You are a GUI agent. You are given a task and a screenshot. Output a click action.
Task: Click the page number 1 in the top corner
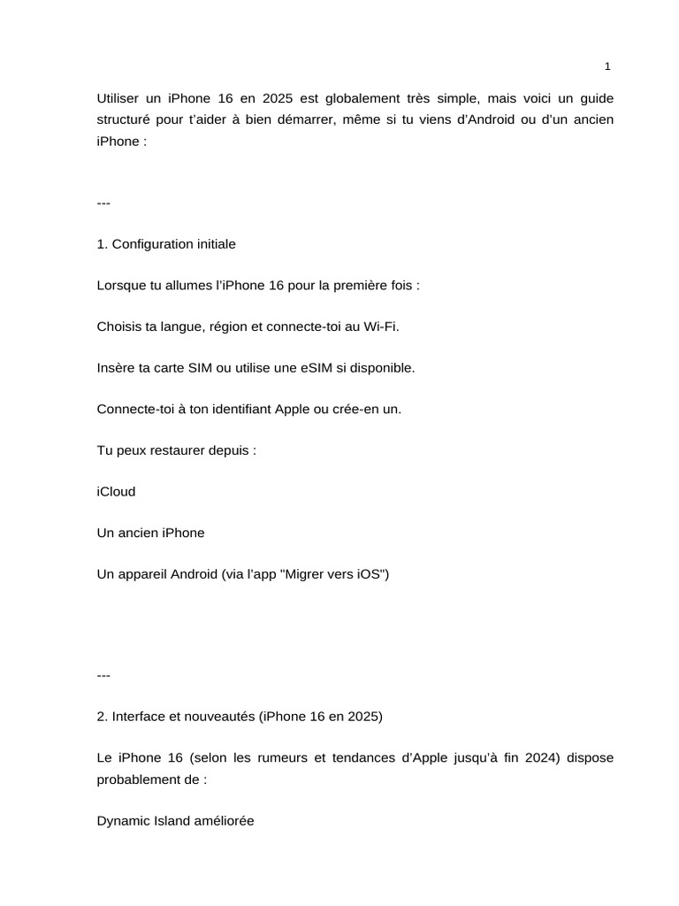click(x=607, y=66)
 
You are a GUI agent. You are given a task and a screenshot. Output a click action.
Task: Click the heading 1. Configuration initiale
click(x=166, y=243)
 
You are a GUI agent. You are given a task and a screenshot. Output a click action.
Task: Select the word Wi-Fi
click(x=381, y=326)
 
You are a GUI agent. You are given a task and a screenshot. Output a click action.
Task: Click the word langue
click(x=180, y=326)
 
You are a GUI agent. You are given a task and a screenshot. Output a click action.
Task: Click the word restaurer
click(x=182, y=450)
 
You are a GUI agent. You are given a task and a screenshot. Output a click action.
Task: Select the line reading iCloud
click(x=116, y=491)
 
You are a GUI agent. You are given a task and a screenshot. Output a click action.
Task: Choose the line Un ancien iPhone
click(x=150, y=533)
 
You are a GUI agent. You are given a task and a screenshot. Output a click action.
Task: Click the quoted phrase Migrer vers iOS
click(x=334, y=574)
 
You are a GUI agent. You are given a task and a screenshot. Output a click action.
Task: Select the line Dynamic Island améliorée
click(x=175, y=821)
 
